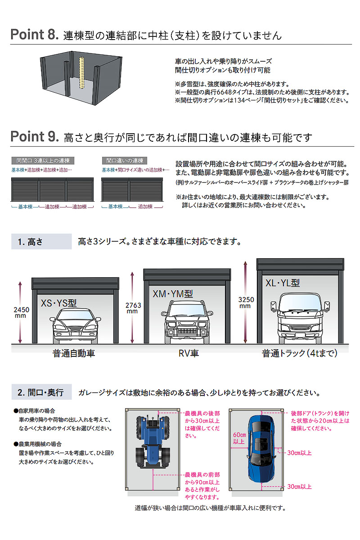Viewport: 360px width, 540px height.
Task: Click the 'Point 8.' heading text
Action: (x=34, y=35)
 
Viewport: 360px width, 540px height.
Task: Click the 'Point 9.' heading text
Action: (x=34, y=136)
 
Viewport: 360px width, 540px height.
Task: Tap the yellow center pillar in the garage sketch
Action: (x=82, y=74)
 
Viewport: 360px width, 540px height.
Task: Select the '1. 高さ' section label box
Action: (x=41, y=242)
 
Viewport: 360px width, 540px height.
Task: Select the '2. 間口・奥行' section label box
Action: (x=41, y=392)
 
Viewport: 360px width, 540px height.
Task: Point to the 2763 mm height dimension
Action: (x=134, y=308)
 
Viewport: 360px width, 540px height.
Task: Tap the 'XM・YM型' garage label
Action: (x=173, y=294)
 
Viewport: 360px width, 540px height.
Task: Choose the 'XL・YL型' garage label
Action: (x=283, y=283)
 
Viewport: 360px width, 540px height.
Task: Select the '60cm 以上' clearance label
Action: (x=238, y=438)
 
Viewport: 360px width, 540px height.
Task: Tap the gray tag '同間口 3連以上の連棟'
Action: (x=45, y=161)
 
